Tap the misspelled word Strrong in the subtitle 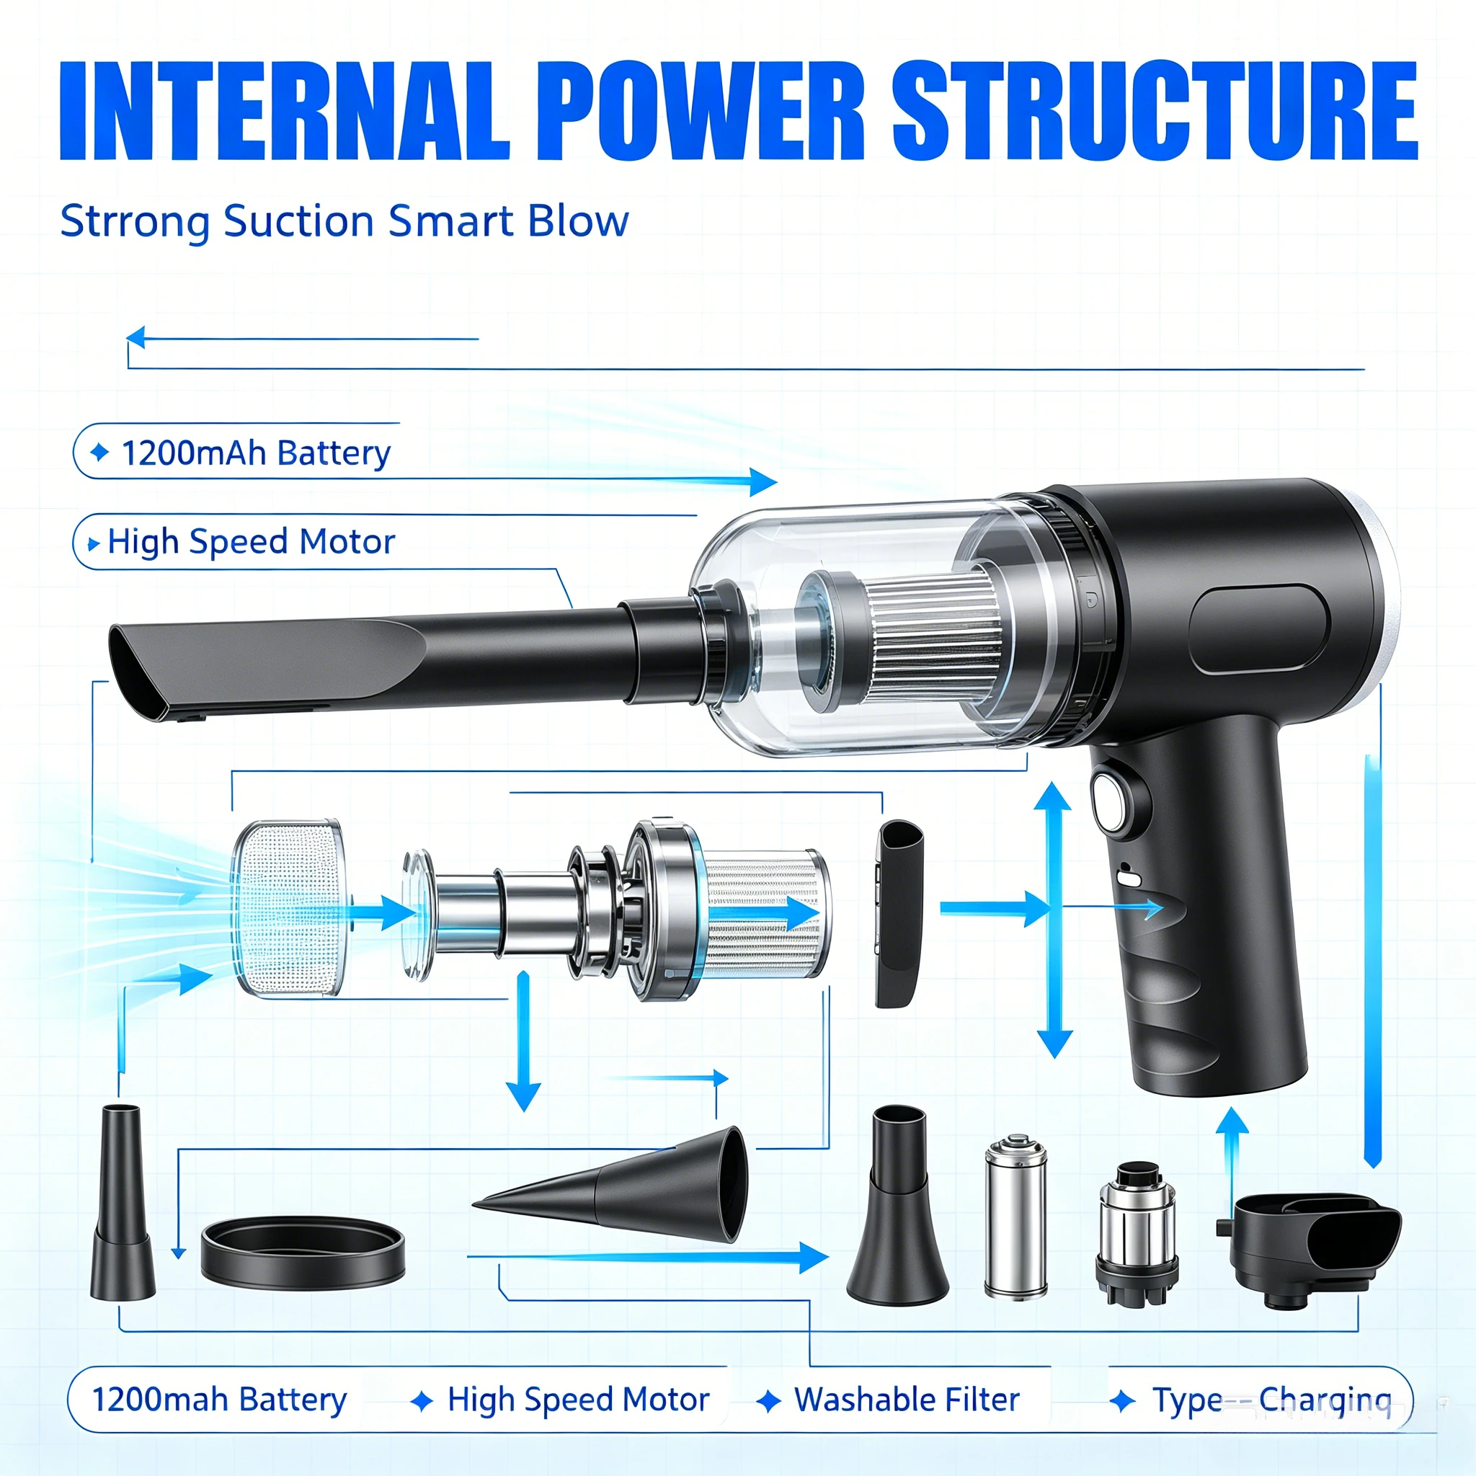(135, 222)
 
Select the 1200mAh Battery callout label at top (256, 453)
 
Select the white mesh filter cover (289, 908)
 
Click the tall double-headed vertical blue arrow (1054, 920)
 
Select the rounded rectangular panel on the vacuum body (1260, 629)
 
